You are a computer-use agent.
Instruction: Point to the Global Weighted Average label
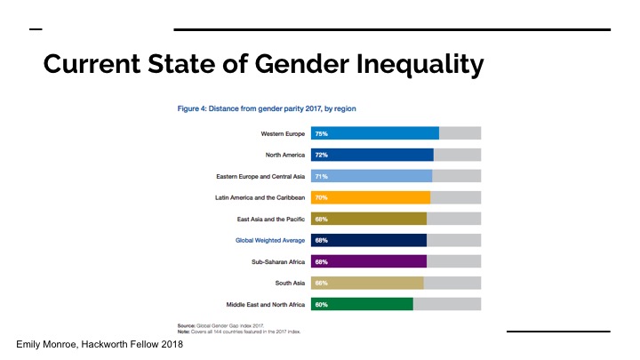tap(270, 240)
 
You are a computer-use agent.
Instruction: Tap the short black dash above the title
tap(36, 29)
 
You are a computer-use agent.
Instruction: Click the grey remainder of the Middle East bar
tap(447, 304)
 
